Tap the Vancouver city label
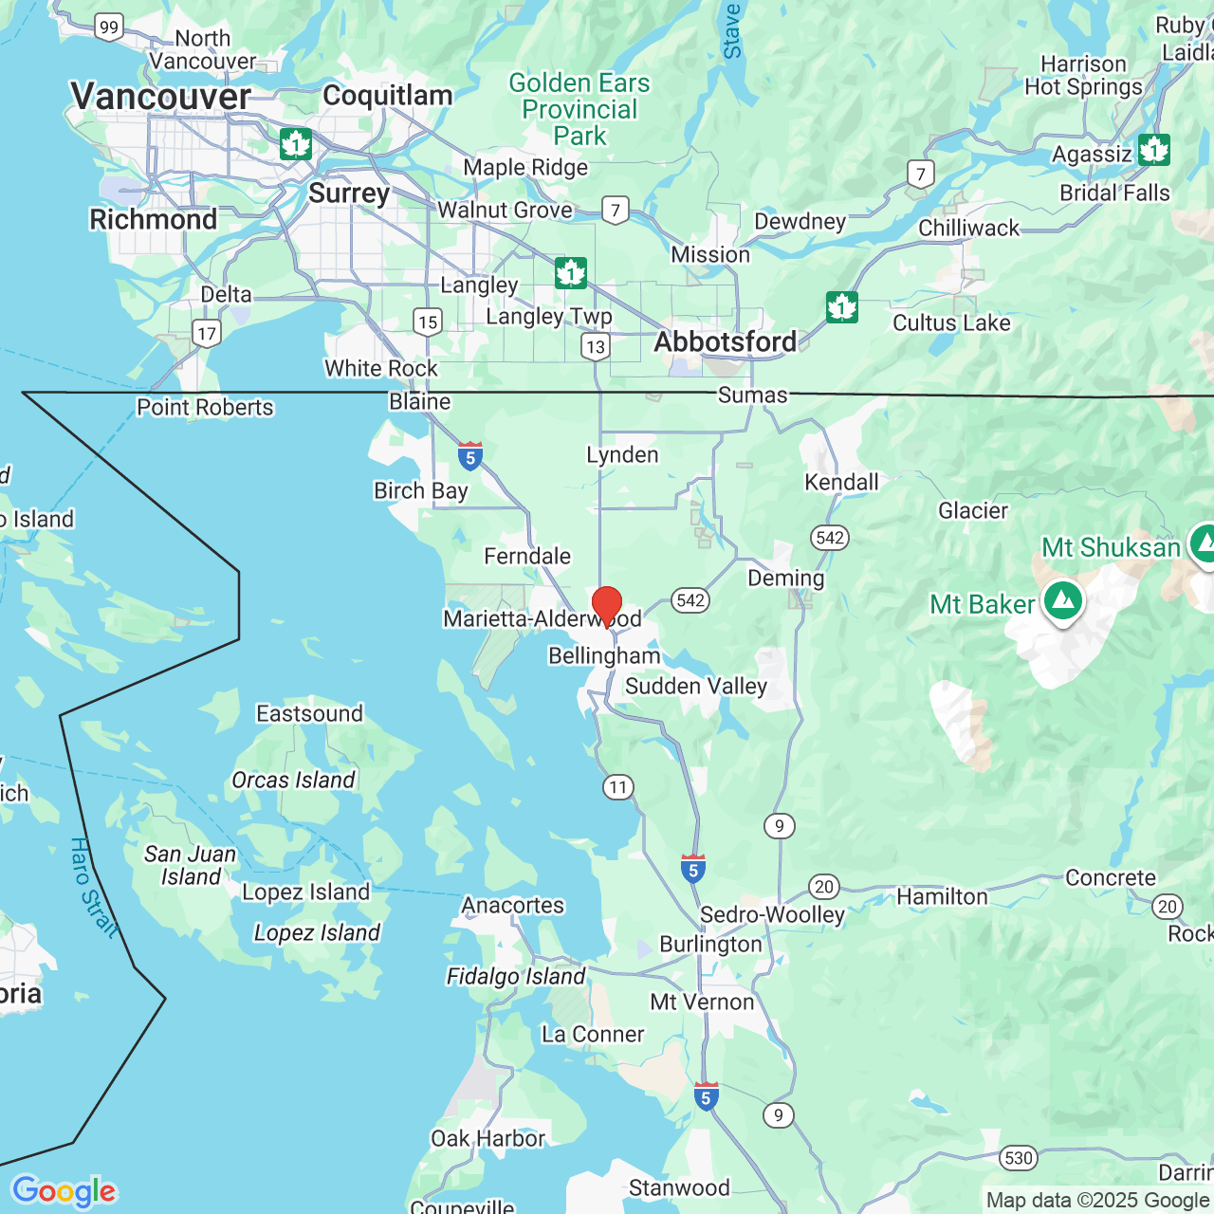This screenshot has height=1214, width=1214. (x=160, y=96)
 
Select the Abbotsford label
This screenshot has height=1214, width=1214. (x=726, y=341)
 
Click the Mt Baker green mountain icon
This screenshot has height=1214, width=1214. (x=1063, y=601)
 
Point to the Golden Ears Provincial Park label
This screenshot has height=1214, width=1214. (x=579, y=109)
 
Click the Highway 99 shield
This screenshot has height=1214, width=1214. (x=109, y=28)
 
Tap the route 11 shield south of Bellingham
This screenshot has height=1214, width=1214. (x=618, y=787)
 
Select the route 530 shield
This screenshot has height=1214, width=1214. (x=1018, y=1157)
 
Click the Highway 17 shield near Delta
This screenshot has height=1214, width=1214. (x=207, y=333)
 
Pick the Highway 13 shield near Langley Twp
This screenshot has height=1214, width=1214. (x=596, y=346)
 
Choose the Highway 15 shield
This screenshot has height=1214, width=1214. (x=428, y=322)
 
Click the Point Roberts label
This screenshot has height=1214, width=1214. (x=205, y=407)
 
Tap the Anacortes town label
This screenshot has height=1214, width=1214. (x=512, y=905)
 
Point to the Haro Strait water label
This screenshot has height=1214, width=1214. (x=94, y=888)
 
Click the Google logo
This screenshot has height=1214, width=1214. (x=64, y=1191)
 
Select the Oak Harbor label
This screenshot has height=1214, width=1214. (x=487, y=1138)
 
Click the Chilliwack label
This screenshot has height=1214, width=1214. (x=968, y=228)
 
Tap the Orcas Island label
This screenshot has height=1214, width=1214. (x=293, y=780)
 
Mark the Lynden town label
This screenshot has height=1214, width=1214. (x=622, y=454)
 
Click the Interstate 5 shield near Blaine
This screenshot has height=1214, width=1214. (x=469, y=456)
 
